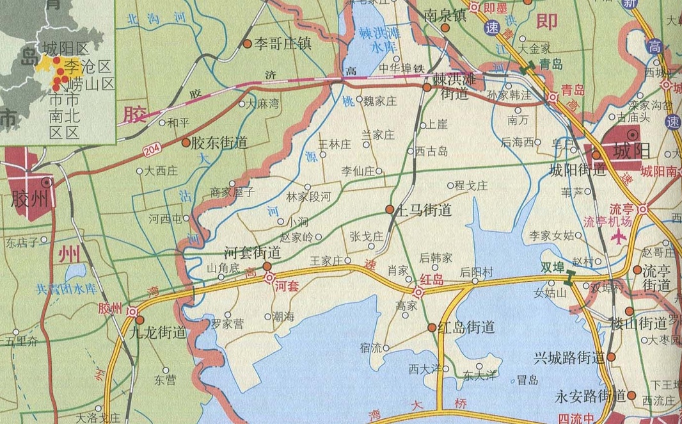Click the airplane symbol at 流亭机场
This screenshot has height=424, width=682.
[619, 238]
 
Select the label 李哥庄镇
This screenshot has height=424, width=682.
[283, 44]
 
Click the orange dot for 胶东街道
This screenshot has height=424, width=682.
[186, 143]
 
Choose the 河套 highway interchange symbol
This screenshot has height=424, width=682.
[271, 278]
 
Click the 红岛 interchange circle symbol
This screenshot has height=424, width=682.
[418, 292]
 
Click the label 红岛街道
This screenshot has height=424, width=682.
[466, 327]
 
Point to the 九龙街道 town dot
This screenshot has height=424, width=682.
[140, 320]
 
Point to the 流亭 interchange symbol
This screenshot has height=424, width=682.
[642, 209]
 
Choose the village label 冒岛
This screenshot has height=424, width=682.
[527, 380]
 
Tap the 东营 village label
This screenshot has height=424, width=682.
[164, 380]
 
